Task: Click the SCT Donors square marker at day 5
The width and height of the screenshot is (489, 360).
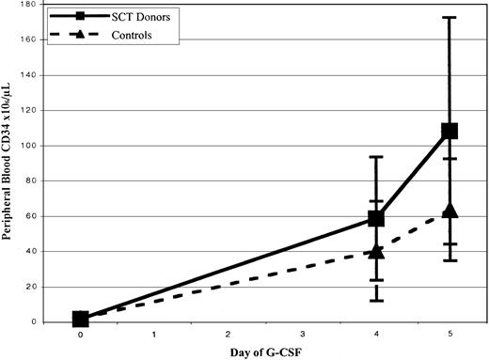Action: pos(450,131)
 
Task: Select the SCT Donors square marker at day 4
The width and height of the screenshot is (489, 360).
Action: pos(376,218)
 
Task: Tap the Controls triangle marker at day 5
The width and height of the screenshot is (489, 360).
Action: pos(450,211)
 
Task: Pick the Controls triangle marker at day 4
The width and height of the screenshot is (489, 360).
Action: pos(376,251)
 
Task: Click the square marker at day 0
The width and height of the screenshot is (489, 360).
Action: pos(81,320)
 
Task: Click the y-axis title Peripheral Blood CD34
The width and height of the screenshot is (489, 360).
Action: pos(13,162)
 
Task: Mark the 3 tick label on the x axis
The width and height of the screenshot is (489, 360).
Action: pos(303,333)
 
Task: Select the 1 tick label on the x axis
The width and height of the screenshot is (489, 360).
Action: pos(155,333)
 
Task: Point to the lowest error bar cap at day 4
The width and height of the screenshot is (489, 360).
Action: pos(376,300)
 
